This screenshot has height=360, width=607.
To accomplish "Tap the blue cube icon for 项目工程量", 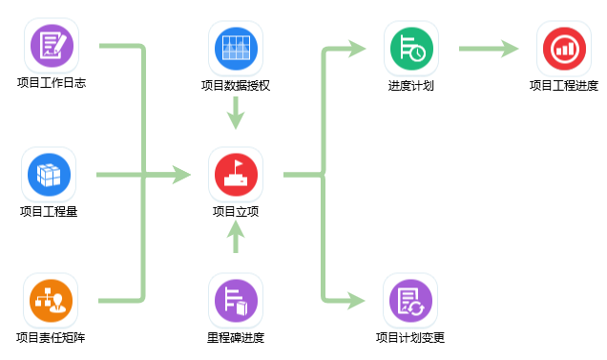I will [49, 174].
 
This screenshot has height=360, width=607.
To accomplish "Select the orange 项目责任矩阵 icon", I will [51, 300].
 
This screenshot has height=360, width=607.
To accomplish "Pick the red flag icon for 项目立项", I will [236, 174].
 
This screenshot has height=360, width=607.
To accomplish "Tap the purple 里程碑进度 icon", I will [236, 300].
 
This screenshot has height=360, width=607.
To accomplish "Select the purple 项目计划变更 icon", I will [410, 300].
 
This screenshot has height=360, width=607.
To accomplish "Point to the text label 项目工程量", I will [49, 211].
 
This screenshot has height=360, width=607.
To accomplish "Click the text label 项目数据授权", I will [236, 85].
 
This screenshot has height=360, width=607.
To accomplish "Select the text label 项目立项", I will [236, 211].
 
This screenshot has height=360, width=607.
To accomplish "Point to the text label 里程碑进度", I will [236, 337].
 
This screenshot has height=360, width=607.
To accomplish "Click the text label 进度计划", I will [411, 85].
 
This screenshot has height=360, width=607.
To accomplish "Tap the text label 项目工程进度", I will [564, 85].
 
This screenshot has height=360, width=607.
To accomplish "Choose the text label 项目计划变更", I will [410, 337].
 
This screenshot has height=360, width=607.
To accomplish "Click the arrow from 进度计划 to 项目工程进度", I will [489, 48].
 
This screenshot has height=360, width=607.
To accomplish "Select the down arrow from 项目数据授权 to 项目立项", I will [236, 115].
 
